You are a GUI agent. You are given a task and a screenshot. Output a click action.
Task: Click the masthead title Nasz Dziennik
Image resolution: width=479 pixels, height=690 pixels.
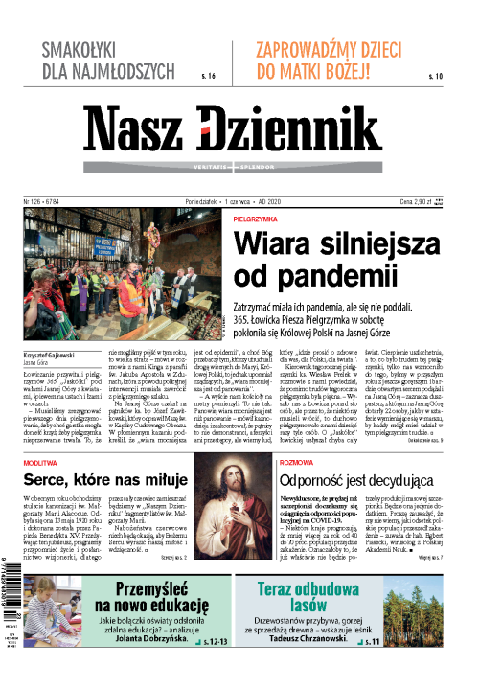pos(239,129)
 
